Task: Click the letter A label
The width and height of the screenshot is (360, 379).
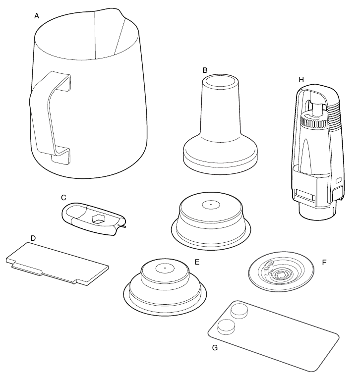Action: (37, 16)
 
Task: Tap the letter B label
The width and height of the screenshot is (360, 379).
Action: (205, 70)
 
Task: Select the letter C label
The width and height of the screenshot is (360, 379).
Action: (63, 198)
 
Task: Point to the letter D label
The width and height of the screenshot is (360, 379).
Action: (33, 238)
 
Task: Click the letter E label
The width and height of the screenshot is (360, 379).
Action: (197, 262)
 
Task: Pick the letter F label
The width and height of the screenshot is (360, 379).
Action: (324, 263)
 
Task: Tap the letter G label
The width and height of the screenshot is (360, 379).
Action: (215, 348)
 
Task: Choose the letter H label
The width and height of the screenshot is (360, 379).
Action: (301, 80)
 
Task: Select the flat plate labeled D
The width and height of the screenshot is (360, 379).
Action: (57, 264)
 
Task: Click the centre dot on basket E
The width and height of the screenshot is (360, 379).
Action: (165, 268)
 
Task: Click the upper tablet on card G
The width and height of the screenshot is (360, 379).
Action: (240, 311)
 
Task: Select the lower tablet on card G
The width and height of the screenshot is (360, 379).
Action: (227, 326)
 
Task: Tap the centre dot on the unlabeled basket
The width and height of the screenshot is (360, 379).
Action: (211, 205)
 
